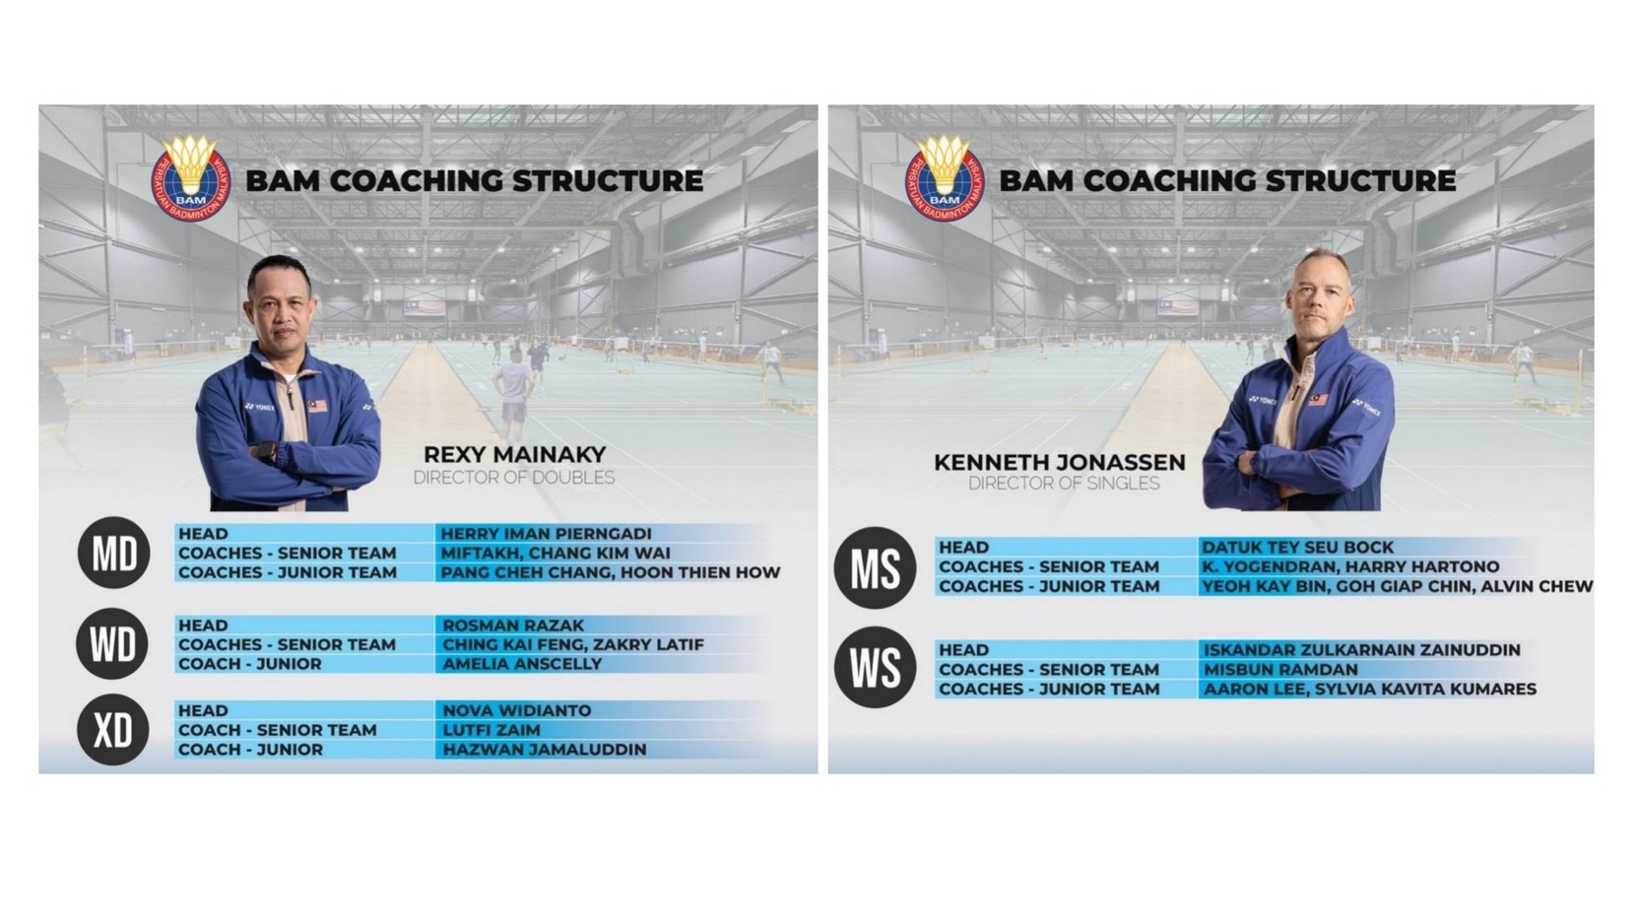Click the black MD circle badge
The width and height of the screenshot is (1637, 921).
coord(114,553)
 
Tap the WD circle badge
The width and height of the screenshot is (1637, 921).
coord(112,644)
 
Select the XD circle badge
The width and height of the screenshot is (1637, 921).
coord(113,730)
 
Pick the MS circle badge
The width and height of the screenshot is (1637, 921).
coord(875,567)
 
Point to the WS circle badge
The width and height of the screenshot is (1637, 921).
coord(875,668)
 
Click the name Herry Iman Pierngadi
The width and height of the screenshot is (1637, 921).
coord(546,534)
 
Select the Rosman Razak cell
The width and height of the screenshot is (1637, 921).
coord(513,625)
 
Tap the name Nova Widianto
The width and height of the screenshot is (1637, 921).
coord(517,710)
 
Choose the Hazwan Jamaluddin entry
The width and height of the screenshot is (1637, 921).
coord(545,750)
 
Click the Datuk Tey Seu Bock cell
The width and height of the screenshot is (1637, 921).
coord(1297,548)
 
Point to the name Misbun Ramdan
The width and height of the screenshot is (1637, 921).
coord(1280,670)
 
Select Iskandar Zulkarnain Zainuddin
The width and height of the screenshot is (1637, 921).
coord(1361,650)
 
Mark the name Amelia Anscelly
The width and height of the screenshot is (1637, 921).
coord(522,664)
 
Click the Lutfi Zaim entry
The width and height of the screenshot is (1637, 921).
coord(491,730)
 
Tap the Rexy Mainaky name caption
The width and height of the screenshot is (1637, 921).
coord(514,455)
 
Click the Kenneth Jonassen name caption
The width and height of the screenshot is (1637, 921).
coord(1060,463)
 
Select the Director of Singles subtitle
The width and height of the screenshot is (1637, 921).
coord(1064,484)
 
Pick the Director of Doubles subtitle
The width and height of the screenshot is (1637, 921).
coord(514,478)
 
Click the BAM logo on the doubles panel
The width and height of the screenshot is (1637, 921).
coord(191,177)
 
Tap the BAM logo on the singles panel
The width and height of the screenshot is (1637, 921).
coord(945,177)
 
